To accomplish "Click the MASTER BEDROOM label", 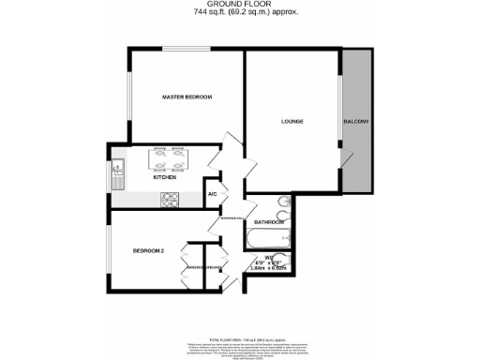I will tap(187, 97).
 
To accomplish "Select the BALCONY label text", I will tap(356, 122).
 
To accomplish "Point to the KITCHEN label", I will tap(165, 176).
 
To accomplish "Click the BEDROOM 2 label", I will tap(148, 250).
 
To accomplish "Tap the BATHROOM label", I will tap(268, 222).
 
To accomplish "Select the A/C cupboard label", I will tap(212, 194).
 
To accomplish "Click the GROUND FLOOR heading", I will tap(239, 5).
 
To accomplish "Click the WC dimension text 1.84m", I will tap(259, 268).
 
